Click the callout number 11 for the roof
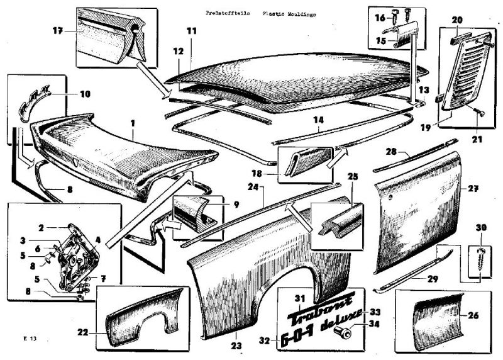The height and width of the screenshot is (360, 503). point(192,30)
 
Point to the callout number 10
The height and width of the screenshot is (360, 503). point(85,94)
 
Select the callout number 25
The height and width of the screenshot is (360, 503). point(353,177)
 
